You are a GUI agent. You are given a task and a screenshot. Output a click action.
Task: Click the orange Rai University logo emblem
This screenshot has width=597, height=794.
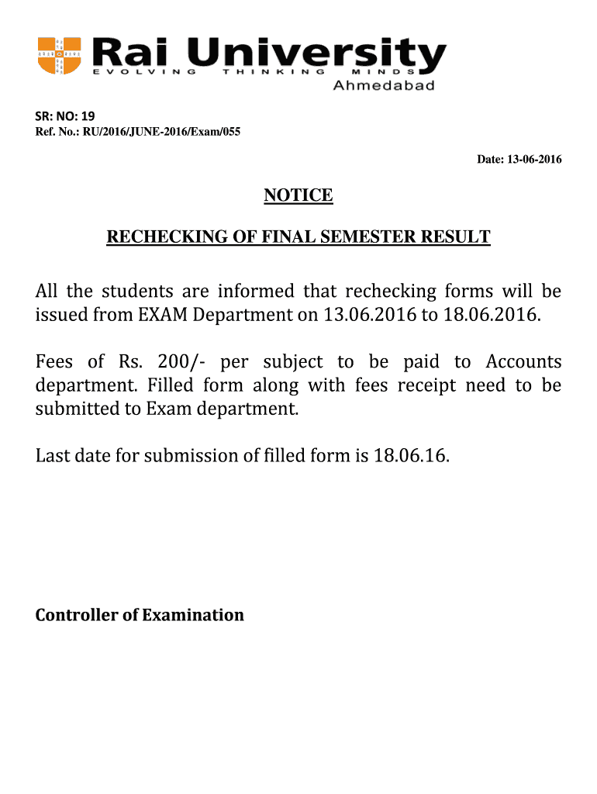click(60, 56)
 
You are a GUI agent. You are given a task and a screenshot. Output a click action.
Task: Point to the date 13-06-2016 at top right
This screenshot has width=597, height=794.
click(530, 160)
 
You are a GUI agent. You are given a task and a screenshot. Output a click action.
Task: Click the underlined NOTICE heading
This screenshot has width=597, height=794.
click(298, 195)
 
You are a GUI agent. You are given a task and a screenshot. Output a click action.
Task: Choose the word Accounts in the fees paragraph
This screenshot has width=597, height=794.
click(523, 362)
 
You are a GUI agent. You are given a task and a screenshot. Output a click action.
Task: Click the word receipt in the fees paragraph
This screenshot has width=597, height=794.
click(427, 386)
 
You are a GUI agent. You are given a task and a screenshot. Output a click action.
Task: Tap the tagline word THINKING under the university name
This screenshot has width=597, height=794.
click(273, 72)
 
